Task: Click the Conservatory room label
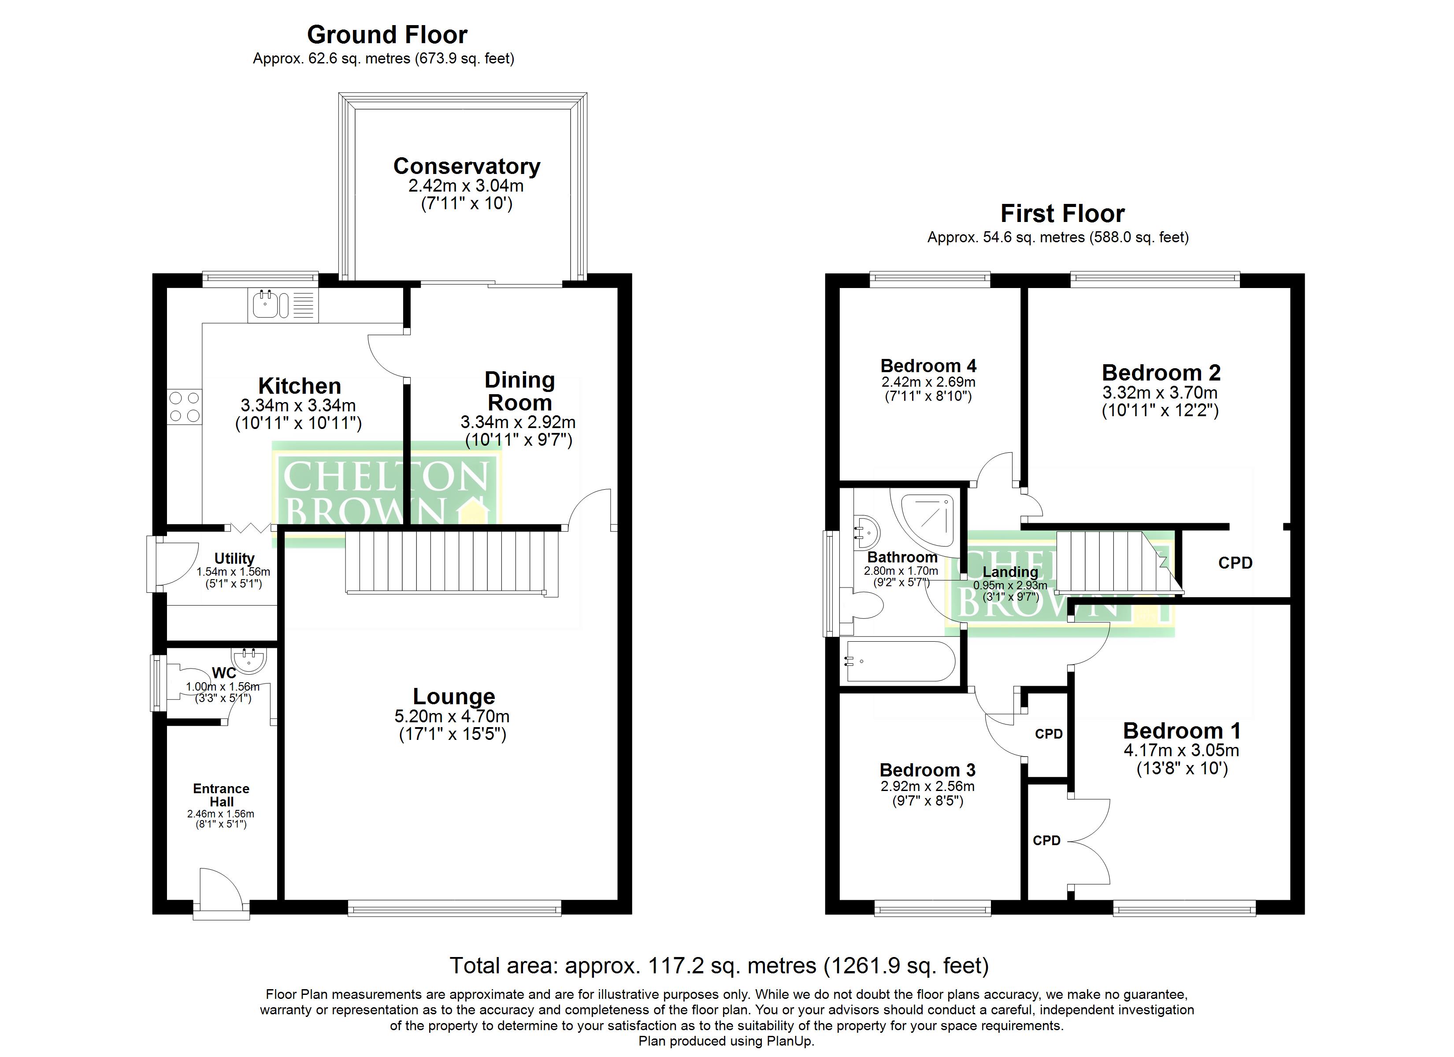466,166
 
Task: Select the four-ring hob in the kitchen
185,407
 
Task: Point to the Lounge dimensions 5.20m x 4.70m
452,716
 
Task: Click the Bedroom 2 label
1161,373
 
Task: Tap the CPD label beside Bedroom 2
1235,563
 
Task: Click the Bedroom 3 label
927,770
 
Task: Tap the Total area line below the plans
719,965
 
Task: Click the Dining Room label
519,391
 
